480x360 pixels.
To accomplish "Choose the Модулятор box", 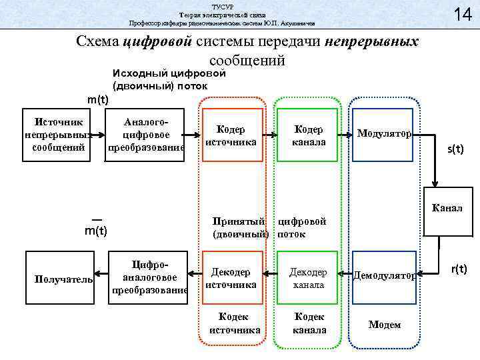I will [x=384, y=133].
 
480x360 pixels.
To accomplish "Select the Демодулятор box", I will [x=384, y=274].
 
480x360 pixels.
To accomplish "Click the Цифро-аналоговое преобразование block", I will [x=148, y=273].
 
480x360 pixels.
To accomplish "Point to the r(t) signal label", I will [x=459, y=269].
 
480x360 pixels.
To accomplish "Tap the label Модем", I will [x=384, y=325].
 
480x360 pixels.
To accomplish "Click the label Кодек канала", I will [x=309, y=323].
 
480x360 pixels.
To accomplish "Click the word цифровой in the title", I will [x=158, y=42].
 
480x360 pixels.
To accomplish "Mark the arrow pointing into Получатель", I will [x=101, y=273].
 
